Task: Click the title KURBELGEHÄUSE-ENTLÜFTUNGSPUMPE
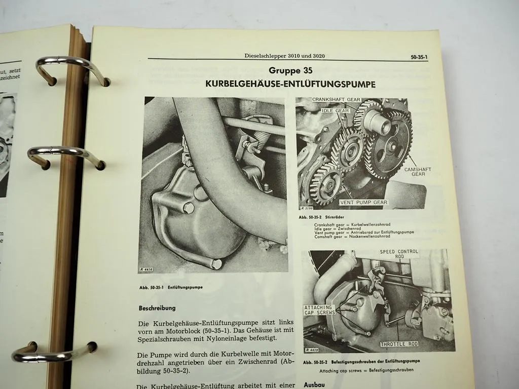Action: (x=290, y=84)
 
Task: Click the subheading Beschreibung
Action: (x=157, y=307)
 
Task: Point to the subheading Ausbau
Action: (x=314, y=384)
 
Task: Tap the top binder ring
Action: (x=71, y=69)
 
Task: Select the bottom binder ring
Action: (x=53, y=352)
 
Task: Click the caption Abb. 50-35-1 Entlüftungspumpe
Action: (x=170, y=287)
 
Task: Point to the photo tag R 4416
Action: (x=146, y=270)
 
